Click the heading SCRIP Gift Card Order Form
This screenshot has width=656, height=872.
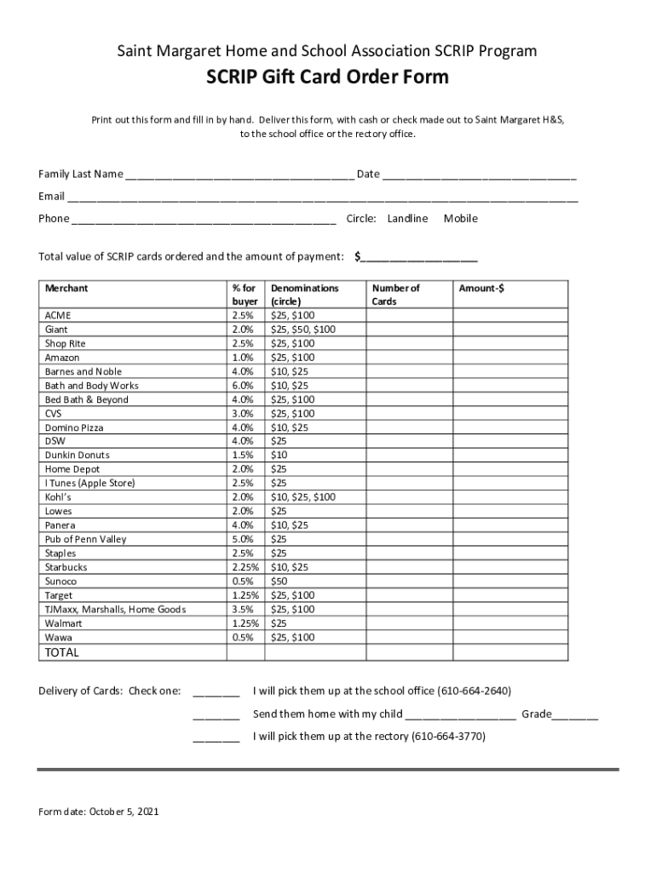tap(327, 79)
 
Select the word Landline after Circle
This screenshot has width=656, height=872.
tap(407, 219)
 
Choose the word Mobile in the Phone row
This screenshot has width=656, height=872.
tap(461, 219)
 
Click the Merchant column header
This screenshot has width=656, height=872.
tap(66, 289)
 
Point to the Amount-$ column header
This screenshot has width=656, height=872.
tap(481, 289)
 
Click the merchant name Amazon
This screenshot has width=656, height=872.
tap(62, 358)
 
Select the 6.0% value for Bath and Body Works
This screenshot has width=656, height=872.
tap(242, 386)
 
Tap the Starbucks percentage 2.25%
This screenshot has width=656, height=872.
tap(245, 567)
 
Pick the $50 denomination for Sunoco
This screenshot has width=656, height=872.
tap(279, 582)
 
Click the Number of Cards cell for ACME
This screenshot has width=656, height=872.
tap(408, 316)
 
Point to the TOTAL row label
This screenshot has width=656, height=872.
tap(61, 652)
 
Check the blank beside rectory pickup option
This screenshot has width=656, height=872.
tap(216, 738)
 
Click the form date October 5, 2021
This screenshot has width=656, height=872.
tap(99, 812)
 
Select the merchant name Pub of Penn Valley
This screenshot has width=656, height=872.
tap(87, 539)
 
